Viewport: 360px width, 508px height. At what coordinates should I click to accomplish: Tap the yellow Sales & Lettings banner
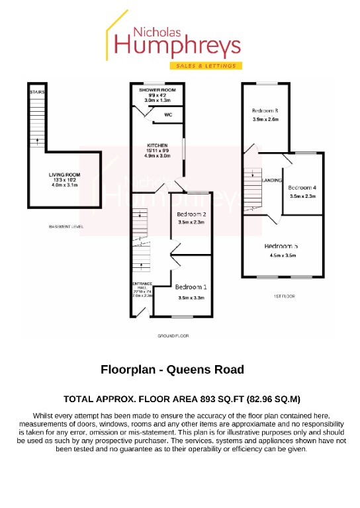tap(206, 66)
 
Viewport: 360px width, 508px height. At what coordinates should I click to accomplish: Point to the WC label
tap(168, 114)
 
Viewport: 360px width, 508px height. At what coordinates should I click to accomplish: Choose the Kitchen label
tap(157, 146)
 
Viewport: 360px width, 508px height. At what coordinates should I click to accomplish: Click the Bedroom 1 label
tap(191, 287)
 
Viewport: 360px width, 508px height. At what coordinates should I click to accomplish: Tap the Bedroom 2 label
tap(193, 214)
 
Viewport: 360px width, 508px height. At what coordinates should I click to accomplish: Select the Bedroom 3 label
tap(264, 110)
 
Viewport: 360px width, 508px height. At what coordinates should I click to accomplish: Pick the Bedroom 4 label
tap(302, 187)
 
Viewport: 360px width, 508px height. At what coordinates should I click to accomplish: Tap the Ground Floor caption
tap(173, 336)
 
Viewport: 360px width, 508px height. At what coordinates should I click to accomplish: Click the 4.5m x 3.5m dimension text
tap(283, 255)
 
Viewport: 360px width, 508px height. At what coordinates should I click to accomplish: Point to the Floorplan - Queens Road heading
tap(172, 370)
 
